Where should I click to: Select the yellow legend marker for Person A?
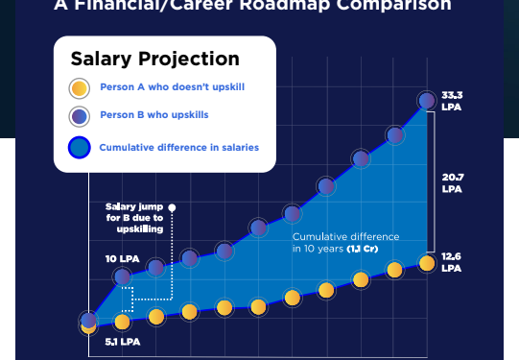coord(80,89)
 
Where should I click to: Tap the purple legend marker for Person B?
coord(80,116)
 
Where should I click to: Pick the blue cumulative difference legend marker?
coord(80,148)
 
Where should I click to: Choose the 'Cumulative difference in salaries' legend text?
coord(178,148)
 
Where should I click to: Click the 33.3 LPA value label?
coord(452,100)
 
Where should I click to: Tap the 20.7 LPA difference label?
coord(452,182)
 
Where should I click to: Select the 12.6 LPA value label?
coord(452,261)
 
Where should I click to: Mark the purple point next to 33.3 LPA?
coord(427,100)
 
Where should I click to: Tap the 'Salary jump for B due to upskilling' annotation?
coord(134,218)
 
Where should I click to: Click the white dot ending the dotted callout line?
coord(172,206)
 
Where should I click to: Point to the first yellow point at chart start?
coord(88,325)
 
